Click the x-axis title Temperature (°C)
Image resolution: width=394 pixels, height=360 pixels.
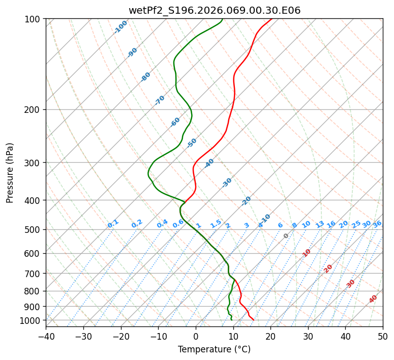pos(214,349)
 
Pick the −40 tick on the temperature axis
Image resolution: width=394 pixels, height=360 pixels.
pos(46,337)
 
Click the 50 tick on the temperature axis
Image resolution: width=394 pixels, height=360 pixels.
pos(383,337)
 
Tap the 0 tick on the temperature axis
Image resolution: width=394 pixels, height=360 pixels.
pos(196,337)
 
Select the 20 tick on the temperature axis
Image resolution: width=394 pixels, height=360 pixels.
pos(270,337)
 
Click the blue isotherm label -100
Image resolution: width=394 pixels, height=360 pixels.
pos(120,27)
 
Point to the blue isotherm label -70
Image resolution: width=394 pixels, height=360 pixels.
pos(160,100)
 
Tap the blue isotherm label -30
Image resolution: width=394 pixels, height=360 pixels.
pos(227,183)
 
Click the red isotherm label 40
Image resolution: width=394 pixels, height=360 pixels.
pos(373,299)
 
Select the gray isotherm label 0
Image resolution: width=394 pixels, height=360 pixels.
pos(286,236)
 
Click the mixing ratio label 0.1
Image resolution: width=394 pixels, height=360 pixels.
pos(113,224)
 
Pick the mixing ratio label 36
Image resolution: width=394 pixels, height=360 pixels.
pos(377,224)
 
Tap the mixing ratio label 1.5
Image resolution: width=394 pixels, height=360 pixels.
pos(216,224)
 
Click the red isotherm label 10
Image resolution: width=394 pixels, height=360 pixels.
pos(307,253)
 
